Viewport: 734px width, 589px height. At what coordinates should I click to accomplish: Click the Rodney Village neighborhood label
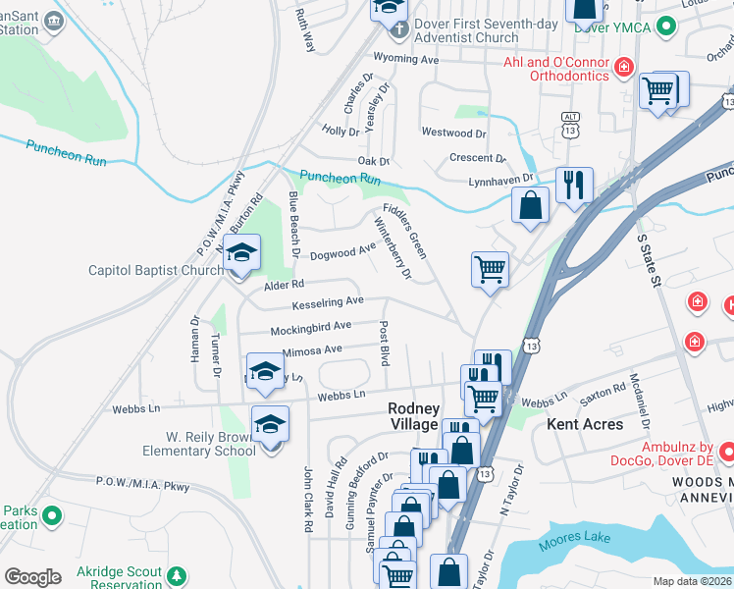click(x=413, y=416)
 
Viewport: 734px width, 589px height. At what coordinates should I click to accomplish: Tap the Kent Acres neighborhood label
click(x=585, y=424)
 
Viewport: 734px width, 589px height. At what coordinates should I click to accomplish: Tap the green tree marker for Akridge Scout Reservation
click(x=177, y=575)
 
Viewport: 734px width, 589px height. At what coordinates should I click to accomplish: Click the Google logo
click(x=32, y=577)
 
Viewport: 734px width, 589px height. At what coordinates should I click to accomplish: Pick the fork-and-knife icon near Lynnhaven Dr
click(x=574, y=184)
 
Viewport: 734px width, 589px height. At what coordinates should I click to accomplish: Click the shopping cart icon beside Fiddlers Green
click(x=490, y=268)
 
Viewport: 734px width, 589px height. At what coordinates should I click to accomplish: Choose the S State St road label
click(x=652, y=260)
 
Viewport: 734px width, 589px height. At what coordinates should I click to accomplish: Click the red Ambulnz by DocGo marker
click(x=727, y=453)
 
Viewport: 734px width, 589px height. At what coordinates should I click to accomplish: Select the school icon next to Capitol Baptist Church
click(x=241, y=254)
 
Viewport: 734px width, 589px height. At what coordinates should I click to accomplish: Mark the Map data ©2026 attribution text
click(x=693, y=580)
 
